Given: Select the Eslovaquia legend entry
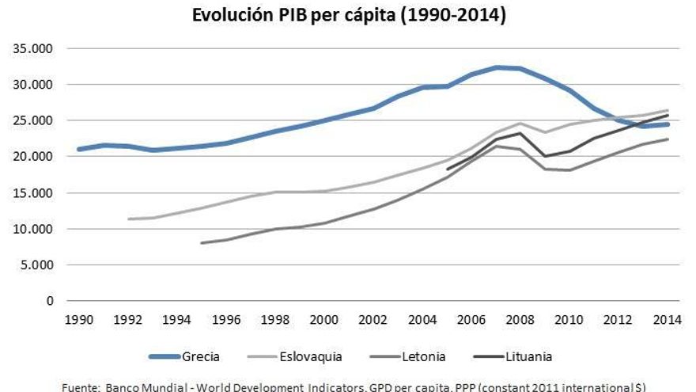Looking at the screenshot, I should click(311, 356).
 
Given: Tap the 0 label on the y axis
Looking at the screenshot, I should click(49, 301).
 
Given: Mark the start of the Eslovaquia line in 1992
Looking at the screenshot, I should click(127, 219).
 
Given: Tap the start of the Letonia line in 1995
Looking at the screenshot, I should click(202, 243).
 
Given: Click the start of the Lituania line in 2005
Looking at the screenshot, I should click(448, 169).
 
